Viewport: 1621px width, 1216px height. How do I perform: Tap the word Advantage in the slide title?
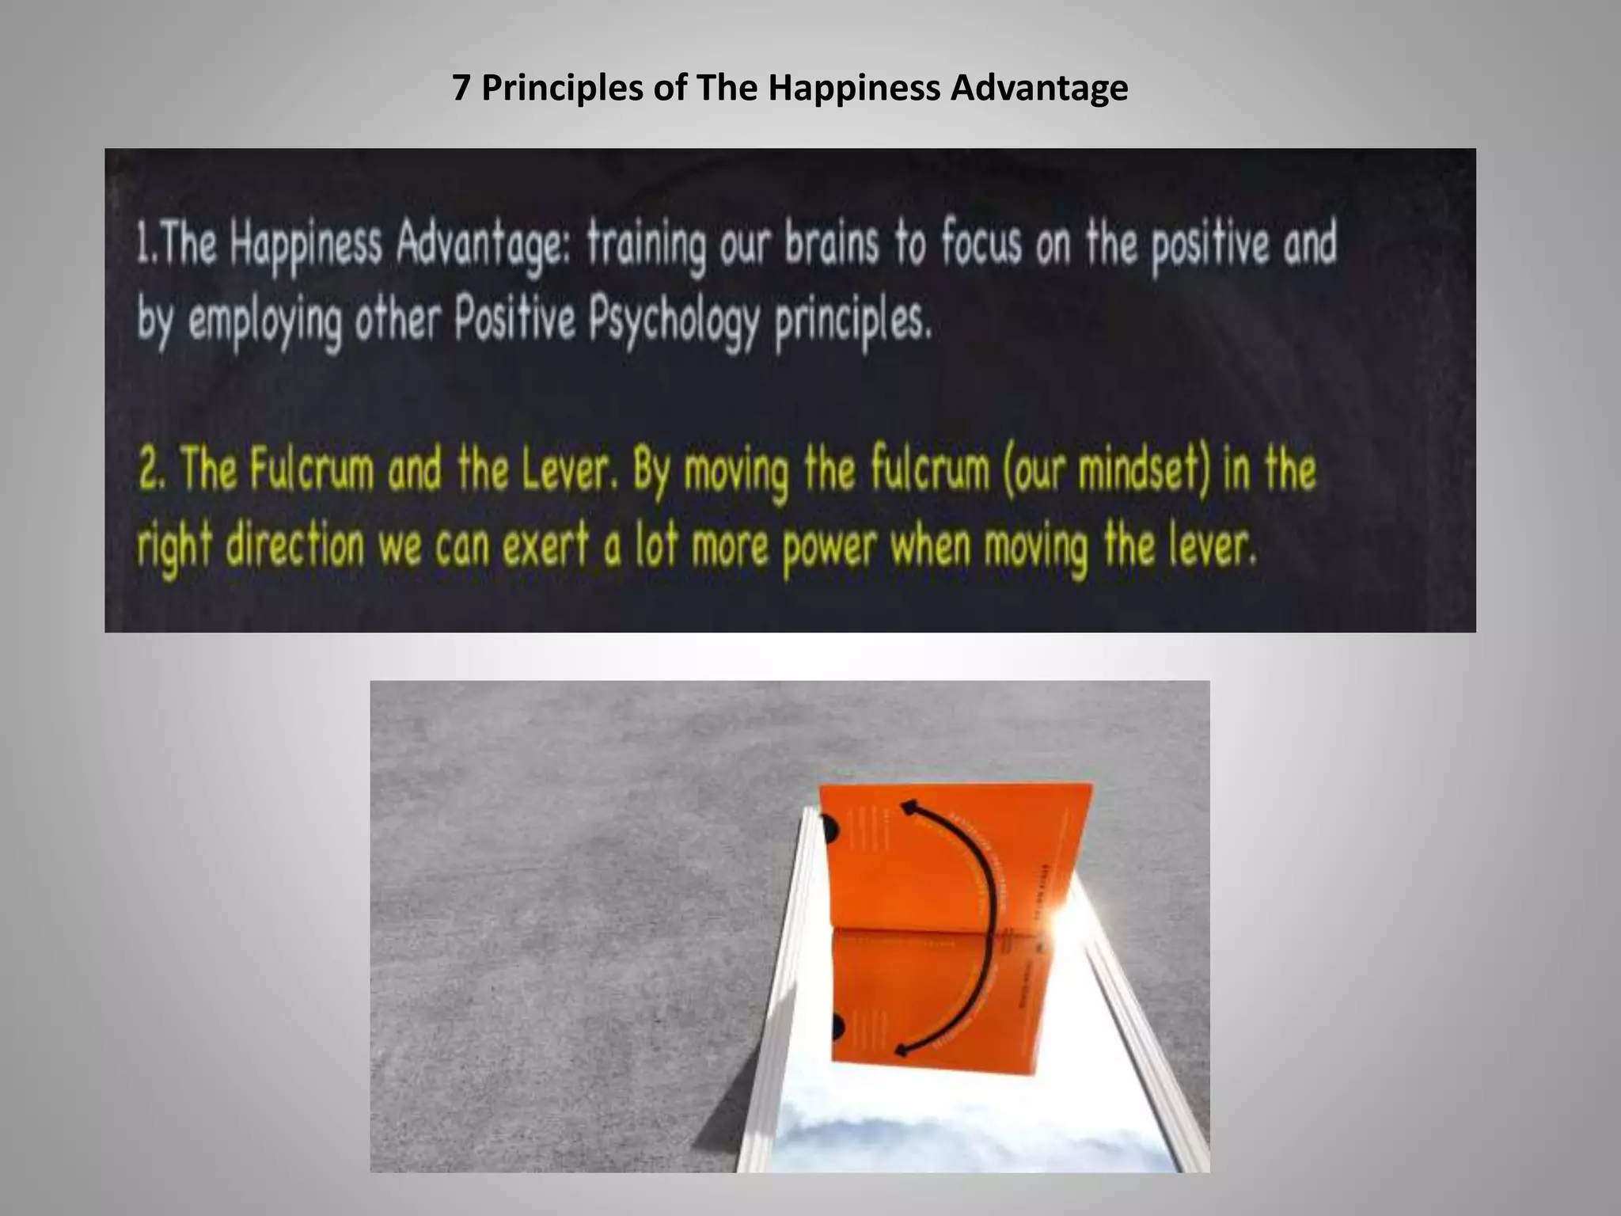pos(1038,88)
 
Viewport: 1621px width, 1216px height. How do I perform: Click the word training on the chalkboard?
pos(645,247)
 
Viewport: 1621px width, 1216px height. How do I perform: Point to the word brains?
pos(832,245)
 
